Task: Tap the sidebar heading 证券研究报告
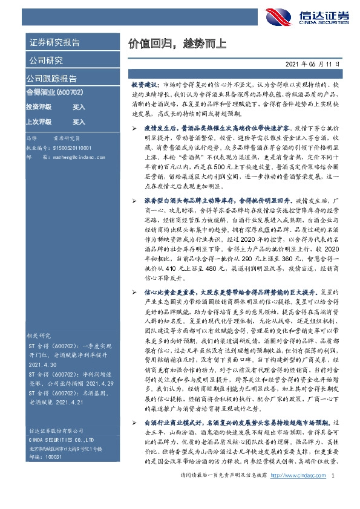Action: (54, 43)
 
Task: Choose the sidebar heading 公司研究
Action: (45, 60)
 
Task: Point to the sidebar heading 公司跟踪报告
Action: (51, 79)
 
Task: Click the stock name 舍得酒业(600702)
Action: (54, 92)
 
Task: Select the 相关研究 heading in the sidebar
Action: (39, 335)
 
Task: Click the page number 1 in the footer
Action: (334, 493)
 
